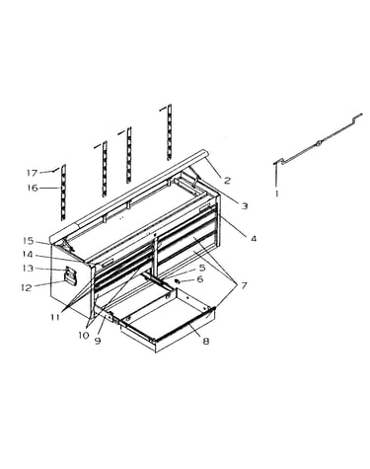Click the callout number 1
(277, 194)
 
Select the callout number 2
(227, 181)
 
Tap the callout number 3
(245, 206)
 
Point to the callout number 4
(253, 239)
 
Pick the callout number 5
(202, 268)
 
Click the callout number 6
(200, 279)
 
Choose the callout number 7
(244, 285)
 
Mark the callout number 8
(206, 342)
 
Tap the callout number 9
(98, 341)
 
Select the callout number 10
(84, 336)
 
